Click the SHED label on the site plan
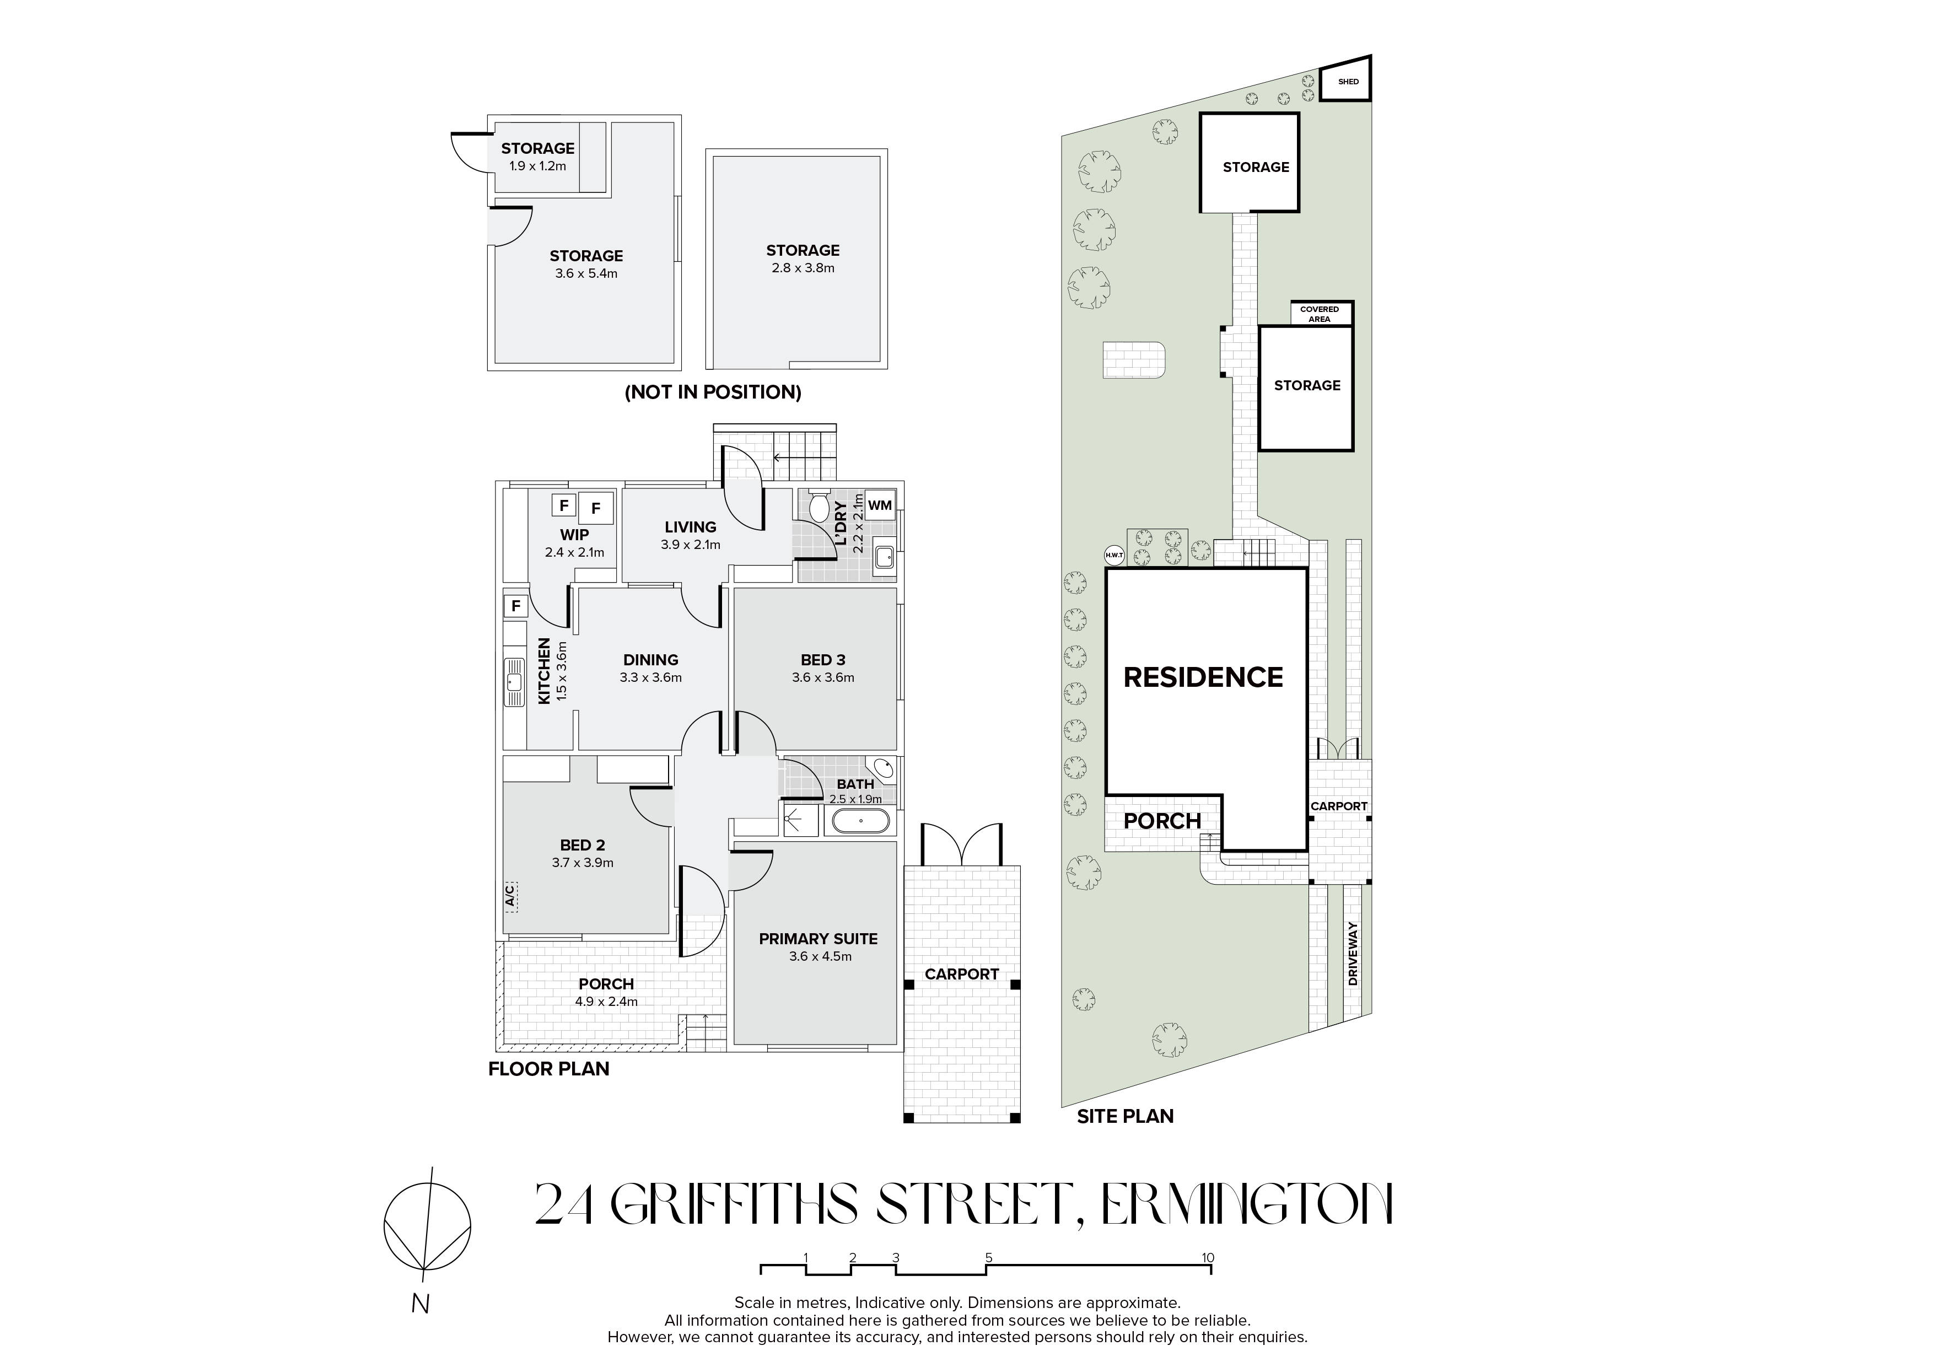point(1349,82)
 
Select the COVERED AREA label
point(1319,314)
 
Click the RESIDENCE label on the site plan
point(1203,677)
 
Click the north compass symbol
point(427,1229)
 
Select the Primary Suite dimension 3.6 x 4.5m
point(820,956)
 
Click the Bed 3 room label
point(822,660)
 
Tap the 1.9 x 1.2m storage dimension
point(537,166)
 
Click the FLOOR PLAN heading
point(549,1069)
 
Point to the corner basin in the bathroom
point(884,768)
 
